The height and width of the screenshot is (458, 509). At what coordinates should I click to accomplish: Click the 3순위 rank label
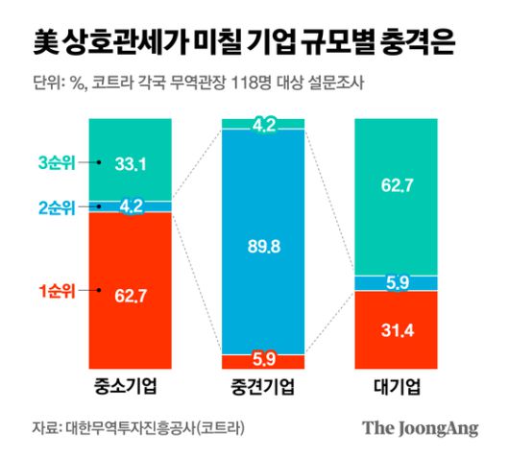tap(59, 163)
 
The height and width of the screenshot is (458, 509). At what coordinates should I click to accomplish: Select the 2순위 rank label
tap(59, 205)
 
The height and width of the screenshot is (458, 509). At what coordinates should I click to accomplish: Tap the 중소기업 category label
tap(129, 389)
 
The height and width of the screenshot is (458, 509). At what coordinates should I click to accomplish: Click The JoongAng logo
tap(420, 428)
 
